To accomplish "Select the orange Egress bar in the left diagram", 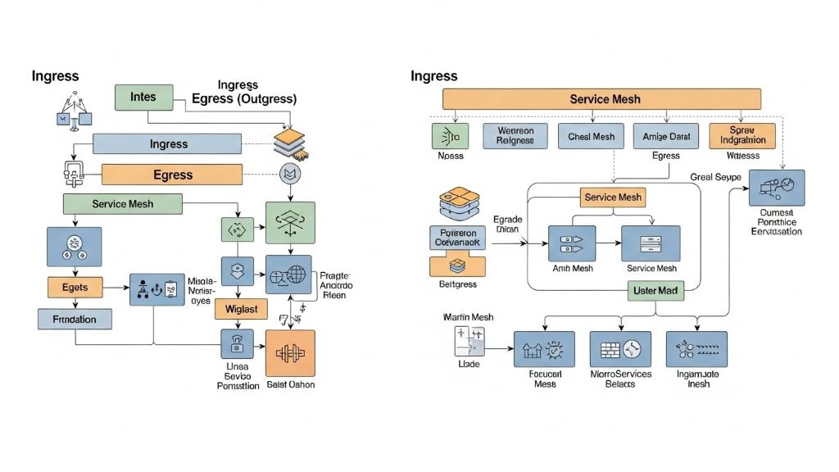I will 172,175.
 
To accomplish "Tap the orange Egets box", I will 75,287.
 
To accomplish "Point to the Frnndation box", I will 75,319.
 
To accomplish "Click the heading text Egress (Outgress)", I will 243,98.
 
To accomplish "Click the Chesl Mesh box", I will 590,135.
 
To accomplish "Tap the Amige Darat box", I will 665,135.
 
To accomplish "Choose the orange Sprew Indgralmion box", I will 741,135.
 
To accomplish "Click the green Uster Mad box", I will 655,290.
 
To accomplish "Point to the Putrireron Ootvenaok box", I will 458,238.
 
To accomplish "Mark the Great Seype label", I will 715,178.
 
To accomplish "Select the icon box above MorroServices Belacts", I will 620,348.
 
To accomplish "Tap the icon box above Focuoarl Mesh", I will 544,348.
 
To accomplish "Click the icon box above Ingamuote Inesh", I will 696,348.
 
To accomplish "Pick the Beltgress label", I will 457,284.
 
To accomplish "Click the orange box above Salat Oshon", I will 291,353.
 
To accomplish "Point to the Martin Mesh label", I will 468,317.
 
